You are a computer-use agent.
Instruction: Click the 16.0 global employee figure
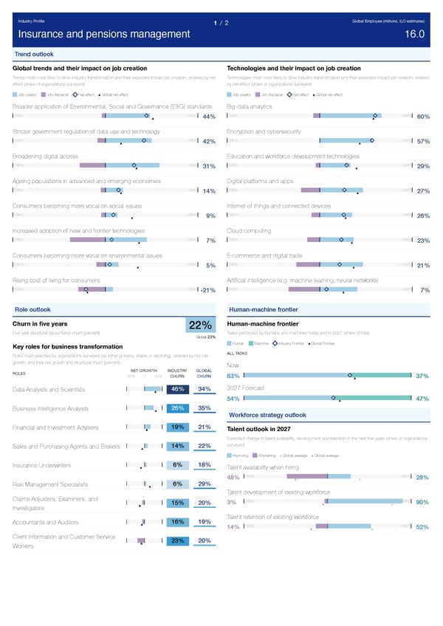click(414, 35)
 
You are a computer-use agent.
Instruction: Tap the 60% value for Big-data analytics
click(423, 117)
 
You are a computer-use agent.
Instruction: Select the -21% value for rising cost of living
click(206, 290)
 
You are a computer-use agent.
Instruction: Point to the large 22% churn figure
click(201, 326)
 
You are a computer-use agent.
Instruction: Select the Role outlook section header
click(33, 309)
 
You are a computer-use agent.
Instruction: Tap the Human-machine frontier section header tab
click(264, 309)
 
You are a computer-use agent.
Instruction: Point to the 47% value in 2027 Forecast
click(423, 399)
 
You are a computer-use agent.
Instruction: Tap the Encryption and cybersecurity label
click(264, 131)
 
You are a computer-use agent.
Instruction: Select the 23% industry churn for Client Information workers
click(177, 540)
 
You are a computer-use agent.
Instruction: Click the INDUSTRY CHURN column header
click(177, 373)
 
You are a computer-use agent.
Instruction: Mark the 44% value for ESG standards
click(208, 117)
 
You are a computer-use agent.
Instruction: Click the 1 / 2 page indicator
click(221, 22)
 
